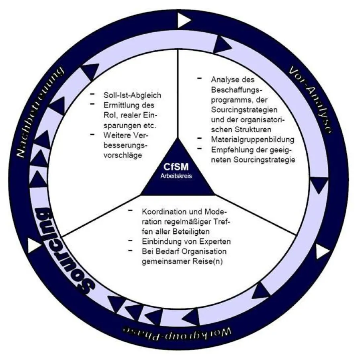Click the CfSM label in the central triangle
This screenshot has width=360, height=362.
[176, 166]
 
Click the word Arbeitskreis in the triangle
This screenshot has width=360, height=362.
[176, 175]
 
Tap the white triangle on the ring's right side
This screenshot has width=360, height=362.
[322, 252]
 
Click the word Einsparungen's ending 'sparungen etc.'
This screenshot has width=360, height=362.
[129, 125]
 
